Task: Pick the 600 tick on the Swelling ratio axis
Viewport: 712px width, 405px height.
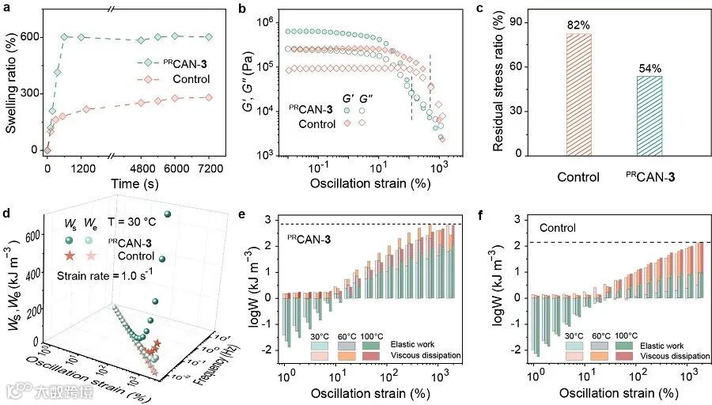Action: tap(29, 37)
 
